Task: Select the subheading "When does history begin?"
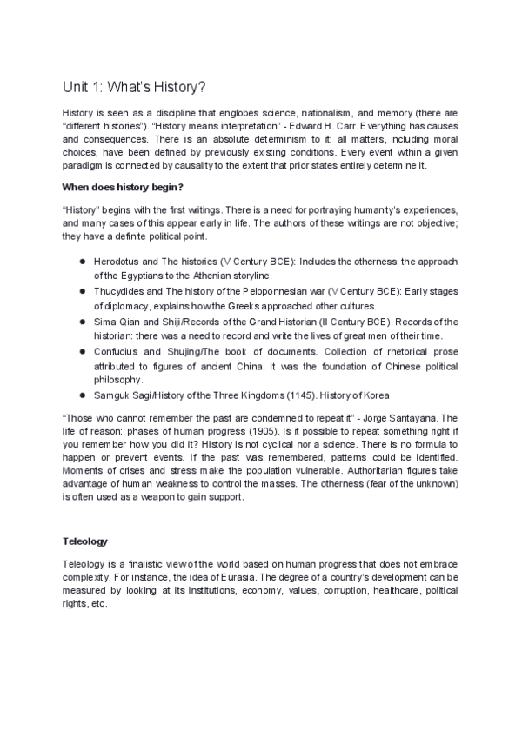click(x=122, y=187)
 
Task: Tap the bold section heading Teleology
click(x=84, y=540)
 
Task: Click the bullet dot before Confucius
click(x=81, y=351)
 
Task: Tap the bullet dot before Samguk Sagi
click(x=81, y=395)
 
